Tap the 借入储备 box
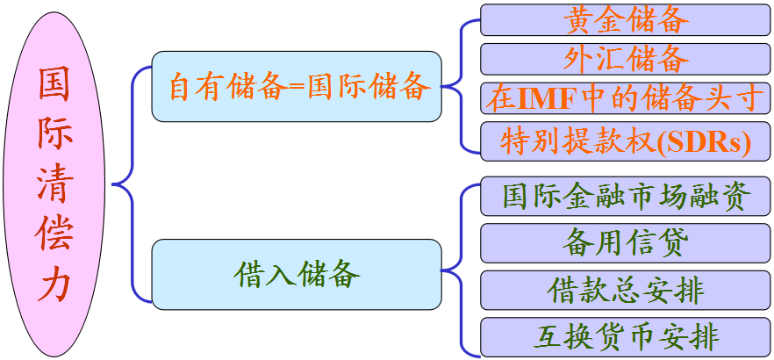[296, 273]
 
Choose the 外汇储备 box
[625, 58]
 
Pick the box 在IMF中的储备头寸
[625, 97]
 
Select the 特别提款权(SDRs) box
[625, 140]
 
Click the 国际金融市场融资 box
[625, 195]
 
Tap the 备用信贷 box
[625, 242]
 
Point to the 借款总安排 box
[625, 289]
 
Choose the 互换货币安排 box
[625, 336]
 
